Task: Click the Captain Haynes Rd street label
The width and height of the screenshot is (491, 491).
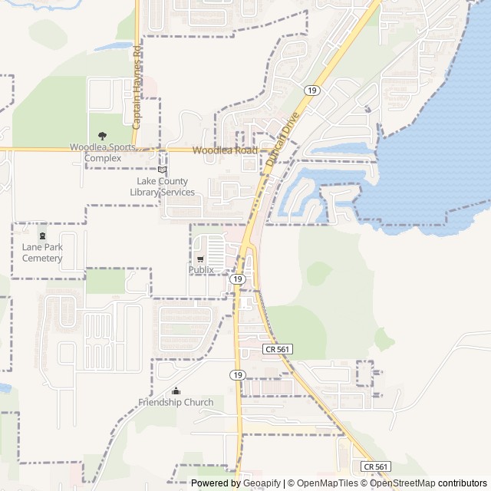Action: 137,86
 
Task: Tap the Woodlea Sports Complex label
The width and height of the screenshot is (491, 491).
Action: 103,153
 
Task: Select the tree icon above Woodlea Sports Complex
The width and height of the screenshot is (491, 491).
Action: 103,136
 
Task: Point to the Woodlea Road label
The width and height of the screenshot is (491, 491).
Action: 224,151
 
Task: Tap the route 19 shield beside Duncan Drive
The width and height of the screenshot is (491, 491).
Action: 311,91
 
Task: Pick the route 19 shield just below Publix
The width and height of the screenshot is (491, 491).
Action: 238,279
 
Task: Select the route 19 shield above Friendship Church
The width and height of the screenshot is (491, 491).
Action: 238,375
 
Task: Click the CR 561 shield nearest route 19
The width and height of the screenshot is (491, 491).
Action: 277,349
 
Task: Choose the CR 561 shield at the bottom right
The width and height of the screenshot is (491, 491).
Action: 376,466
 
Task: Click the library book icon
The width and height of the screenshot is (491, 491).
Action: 162,170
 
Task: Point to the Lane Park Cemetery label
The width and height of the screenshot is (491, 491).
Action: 42,252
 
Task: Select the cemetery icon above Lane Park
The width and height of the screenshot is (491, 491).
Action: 42,236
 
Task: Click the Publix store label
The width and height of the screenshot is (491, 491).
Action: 201,270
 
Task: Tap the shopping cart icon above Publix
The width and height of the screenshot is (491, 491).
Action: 200,259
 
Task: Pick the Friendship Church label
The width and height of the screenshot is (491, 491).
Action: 176,402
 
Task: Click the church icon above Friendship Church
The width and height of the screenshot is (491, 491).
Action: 176,390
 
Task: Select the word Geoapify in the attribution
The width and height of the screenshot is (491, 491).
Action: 259,483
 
